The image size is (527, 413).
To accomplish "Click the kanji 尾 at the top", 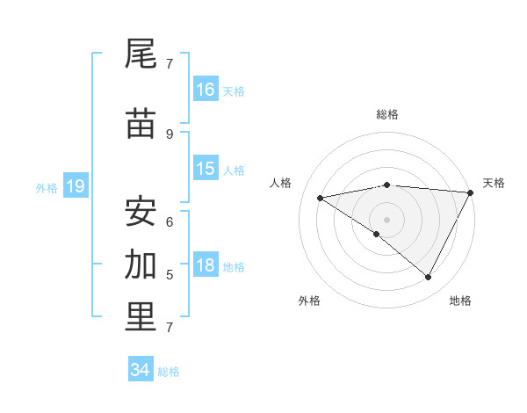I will (141, 54).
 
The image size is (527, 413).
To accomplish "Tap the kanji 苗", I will (141, 124).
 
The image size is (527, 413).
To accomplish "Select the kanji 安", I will (141, 211).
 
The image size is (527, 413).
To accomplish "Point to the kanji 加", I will (141, 263).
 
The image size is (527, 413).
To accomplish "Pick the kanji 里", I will (141, 317).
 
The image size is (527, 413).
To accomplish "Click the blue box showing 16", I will (206, 90).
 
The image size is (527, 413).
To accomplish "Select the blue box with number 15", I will (206, 169).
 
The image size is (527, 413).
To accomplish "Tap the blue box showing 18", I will (206, 266).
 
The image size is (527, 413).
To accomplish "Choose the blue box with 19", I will (76, 186).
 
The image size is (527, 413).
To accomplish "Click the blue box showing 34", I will (141, 370).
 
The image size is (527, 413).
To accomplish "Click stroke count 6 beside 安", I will (170, 221).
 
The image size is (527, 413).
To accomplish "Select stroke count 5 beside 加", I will (170, 275).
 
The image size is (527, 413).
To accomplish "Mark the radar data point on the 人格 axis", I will (321, 198).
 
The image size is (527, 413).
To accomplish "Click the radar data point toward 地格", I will (428, 278).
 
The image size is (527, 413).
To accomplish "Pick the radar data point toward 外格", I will (377, 235).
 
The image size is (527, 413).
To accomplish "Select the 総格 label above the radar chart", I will (387, 114).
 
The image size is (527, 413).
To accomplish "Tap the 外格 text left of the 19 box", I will (46, 187).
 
